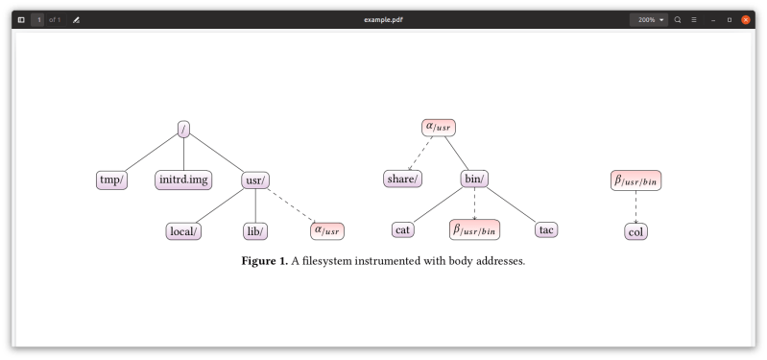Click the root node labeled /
183,129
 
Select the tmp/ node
112,180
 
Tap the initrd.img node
183,180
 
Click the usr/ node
254,180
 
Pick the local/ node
183,230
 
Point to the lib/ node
254,230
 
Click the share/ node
403,179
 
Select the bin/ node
474,179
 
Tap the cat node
403,229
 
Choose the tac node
546,229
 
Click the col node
635,231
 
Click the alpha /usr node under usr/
326,230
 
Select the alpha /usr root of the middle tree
439,127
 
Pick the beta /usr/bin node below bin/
474,229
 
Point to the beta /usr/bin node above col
635,180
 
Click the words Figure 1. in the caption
264,261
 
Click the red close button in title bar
746,19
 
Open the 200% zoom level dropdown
649,19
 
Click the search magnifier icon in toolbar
678,19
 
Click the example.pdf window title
383,19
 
